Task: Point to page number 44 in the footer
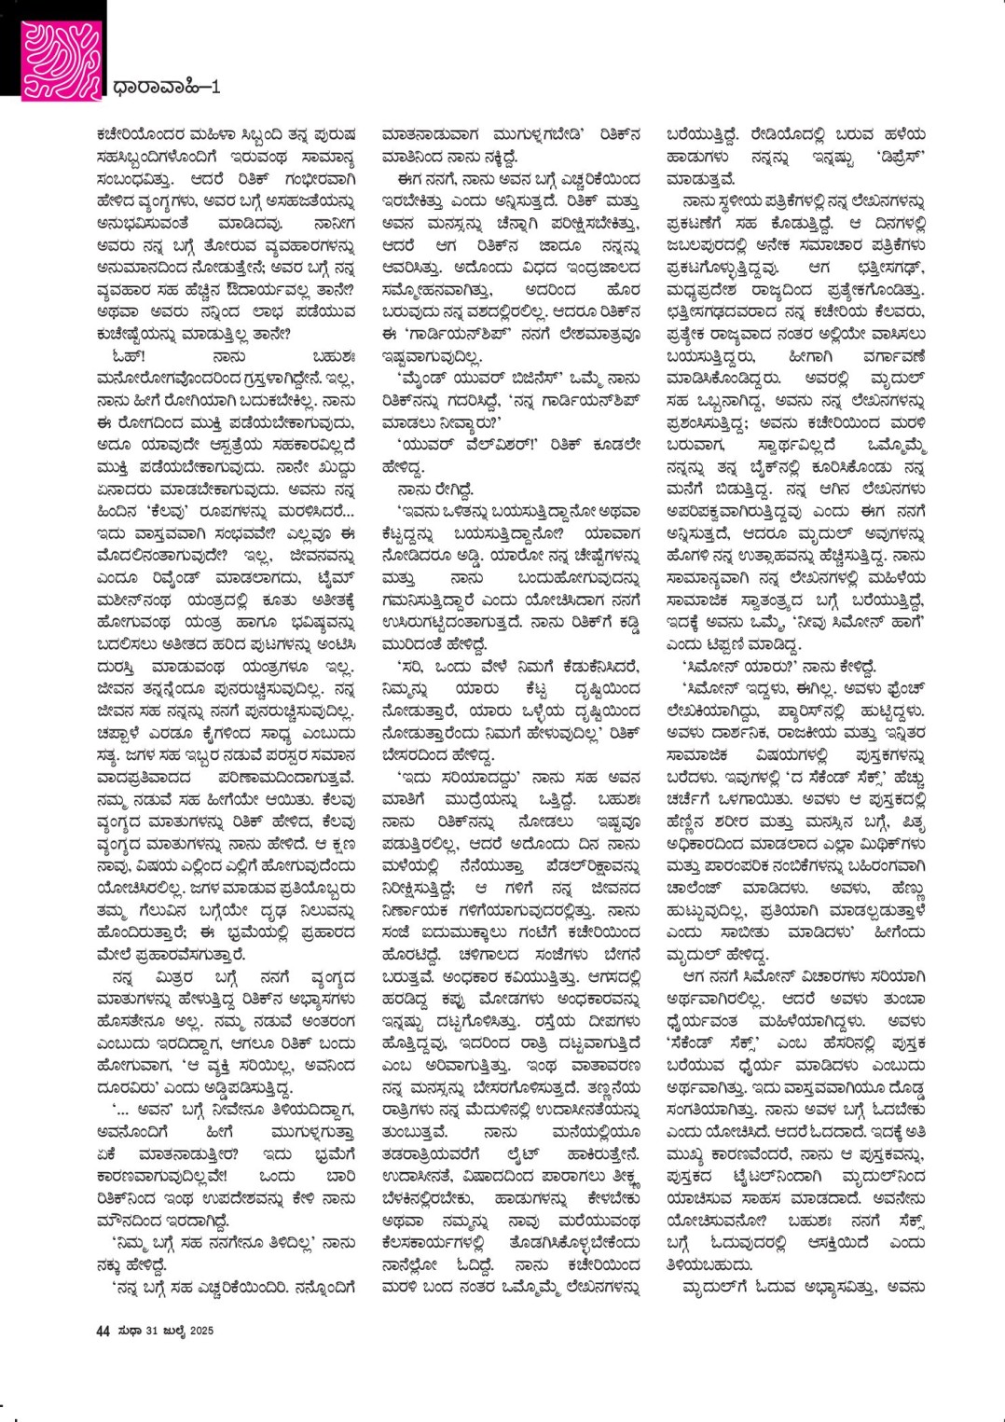pos(103,1330)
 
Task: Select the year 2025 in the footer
pos(200,1330)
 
